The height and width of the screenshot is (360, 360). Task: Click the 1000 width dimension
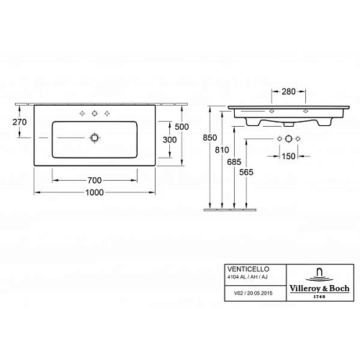tap(94, 192)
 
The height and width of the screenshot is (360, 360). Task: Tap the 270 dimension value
tap(19, 122)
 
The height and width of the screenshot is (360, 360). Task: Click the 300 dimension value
tap(170, 139)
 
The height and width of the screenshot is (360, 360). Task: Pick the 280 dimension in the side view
tap(287, 92)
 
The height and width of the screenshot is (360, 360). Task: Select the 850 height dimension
tap(208, 137)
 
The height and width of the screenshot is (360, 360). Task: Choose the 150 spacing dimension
tap(288, 156)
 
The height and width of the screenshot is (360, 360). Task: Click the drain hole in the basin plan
tap(94, 137)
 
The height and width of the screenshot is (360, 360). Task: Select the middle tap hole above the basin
tap(94, 114)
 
